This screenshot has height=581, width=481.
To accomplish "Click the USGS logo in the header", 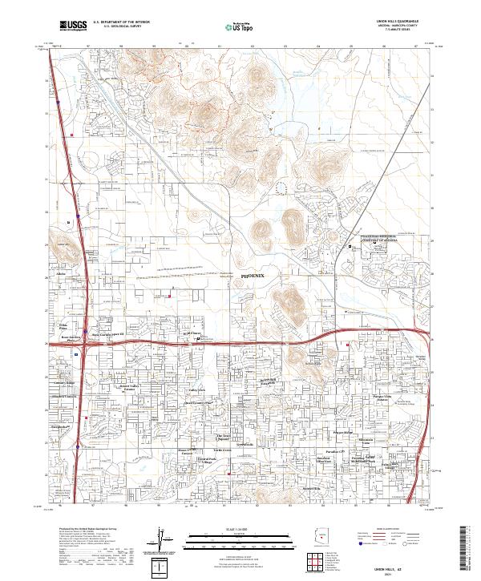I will pos(73,26).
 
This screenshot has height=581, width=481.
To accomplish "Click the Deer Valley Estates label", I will pos(130,388).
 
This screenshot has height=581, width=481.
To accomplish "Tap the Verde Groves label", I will pos(221,450).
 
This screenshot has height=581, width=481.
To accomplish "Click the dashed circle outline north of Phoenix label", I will pos(280,187).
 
